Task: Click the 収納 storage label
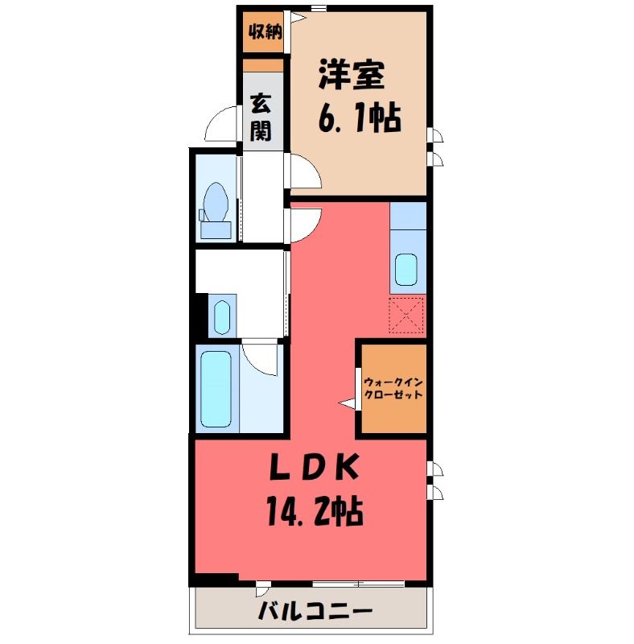[x=265, y=31]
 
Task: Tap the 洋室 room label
[x=352, y=75]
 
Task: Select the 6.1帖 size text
[x=359, y=118]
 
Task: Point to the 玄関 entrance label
[x=261, y=117]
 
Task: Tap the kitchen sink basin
[x=406, y=270]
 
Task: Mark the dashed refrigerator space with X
[x=406, y=315]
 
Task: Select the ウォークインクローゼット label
[x=393, y=389]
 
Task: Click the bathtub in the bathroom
[x=216, y=389]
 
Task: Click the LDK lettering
[x=314, y=469]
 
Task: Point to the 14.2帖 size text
[x=315, y=511]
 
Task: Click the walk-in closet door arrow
[x=348, y=403]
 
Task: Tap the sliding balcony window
[x=358, y=584]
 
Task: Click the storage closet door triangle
[x=298, y=17]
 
